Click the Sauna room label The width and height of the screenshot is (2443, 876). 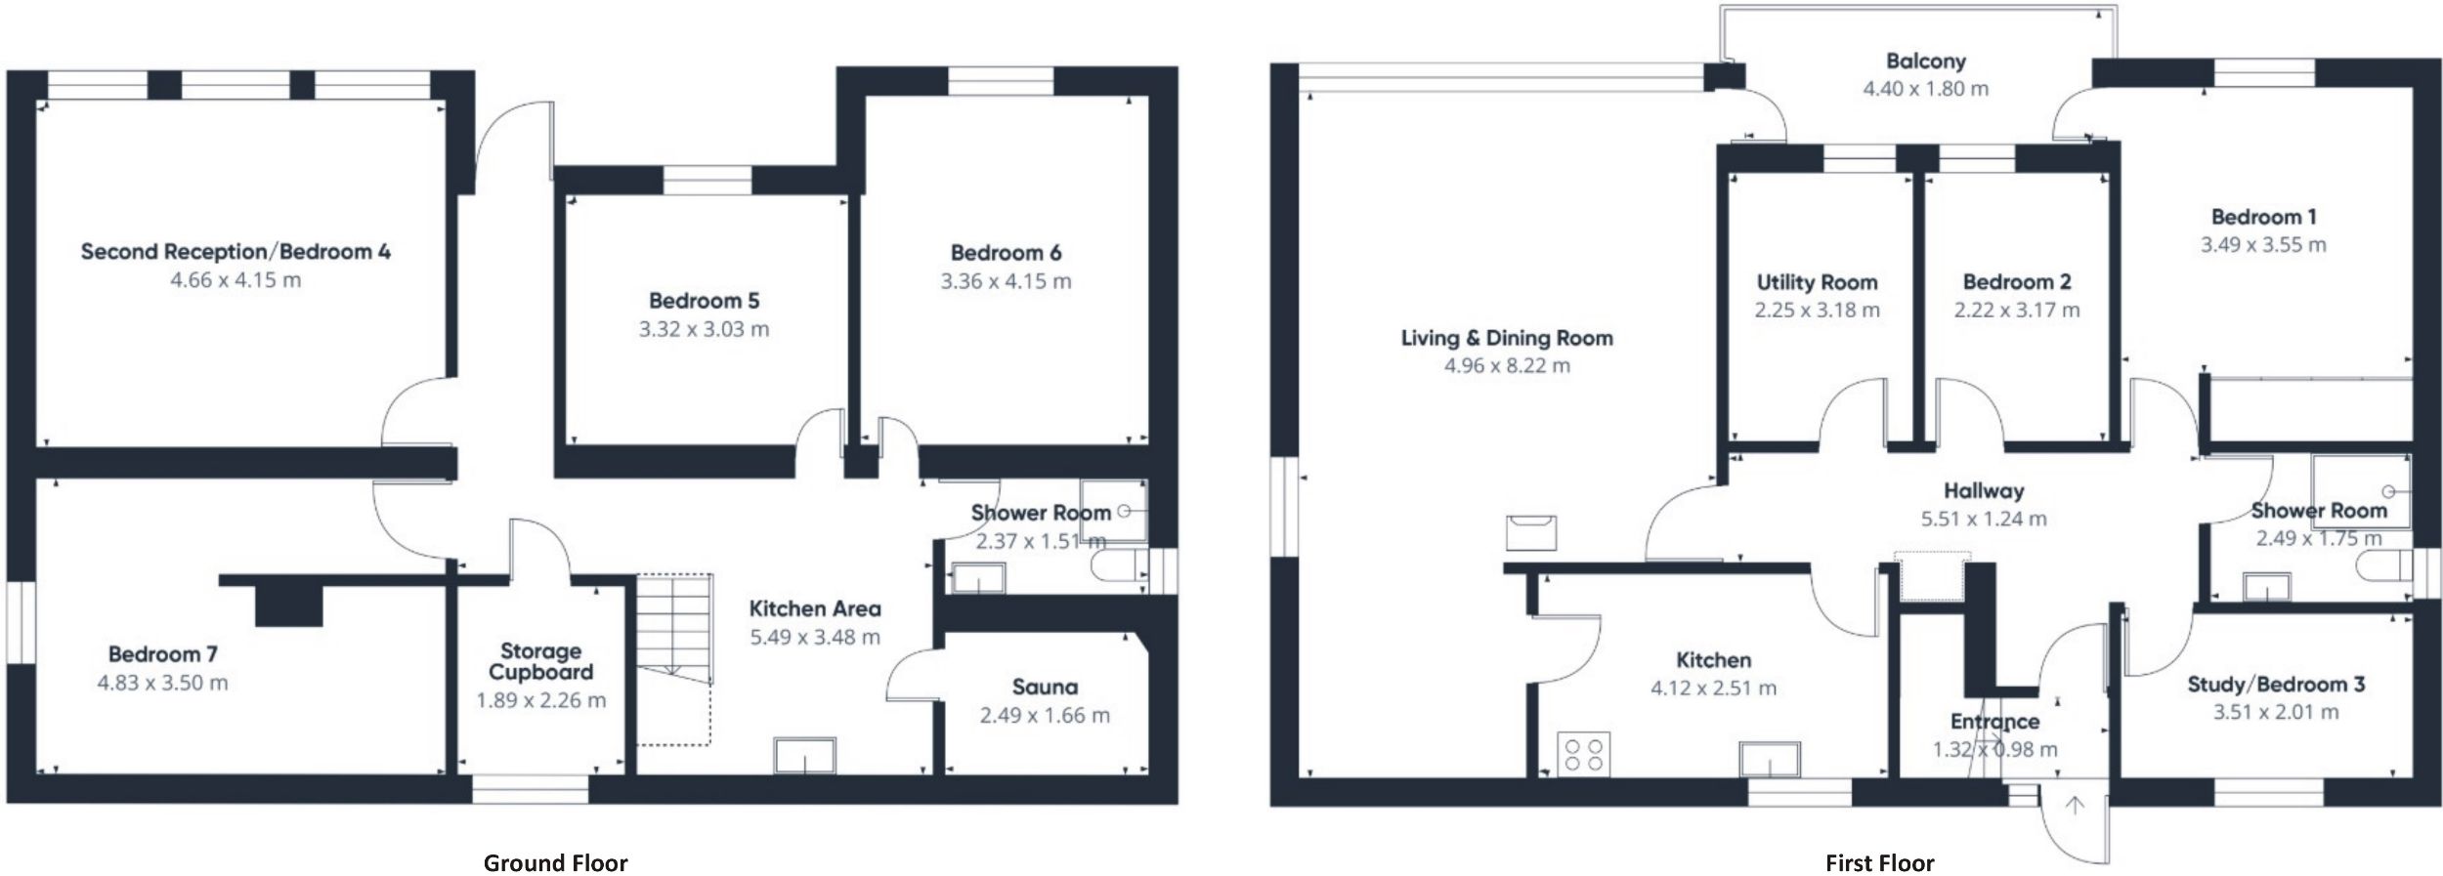(1045, 688)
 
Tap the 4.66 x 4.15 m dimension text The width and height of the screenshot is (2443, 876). (236, 280)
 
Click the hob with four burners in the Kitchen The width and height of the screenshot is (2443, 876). (1583, 754)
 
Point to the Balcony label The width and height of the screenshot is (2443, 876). (1925, 62)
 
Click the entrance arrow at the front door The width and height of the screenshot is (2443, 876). (2074, 806)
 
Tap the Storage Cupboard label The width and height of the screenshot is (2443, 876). (540, 661)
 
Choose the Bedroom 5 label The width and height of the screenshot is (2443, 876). (704, 301)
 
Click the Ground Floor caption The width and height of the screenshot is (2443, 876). (555, 863)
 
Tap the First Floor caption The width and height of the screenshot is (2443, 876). (1879, 863)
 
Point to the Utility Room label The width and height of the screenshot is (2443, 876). (1817, 283)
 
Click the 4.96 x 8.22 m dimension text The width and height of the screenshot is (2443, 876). (1507, 366)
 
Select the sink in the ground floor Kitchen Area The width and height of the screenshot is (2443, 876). (805, 755)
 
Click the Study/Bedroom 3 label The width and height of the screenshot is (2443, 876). (2276, 685)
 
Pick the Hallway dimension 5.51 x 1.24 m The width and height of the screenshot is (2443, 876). (1983, 520)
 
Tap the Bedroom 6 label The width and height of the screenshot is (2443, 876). (1006, 253)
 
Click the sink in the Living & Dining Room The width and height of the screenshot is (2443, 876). (1531, 532)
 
